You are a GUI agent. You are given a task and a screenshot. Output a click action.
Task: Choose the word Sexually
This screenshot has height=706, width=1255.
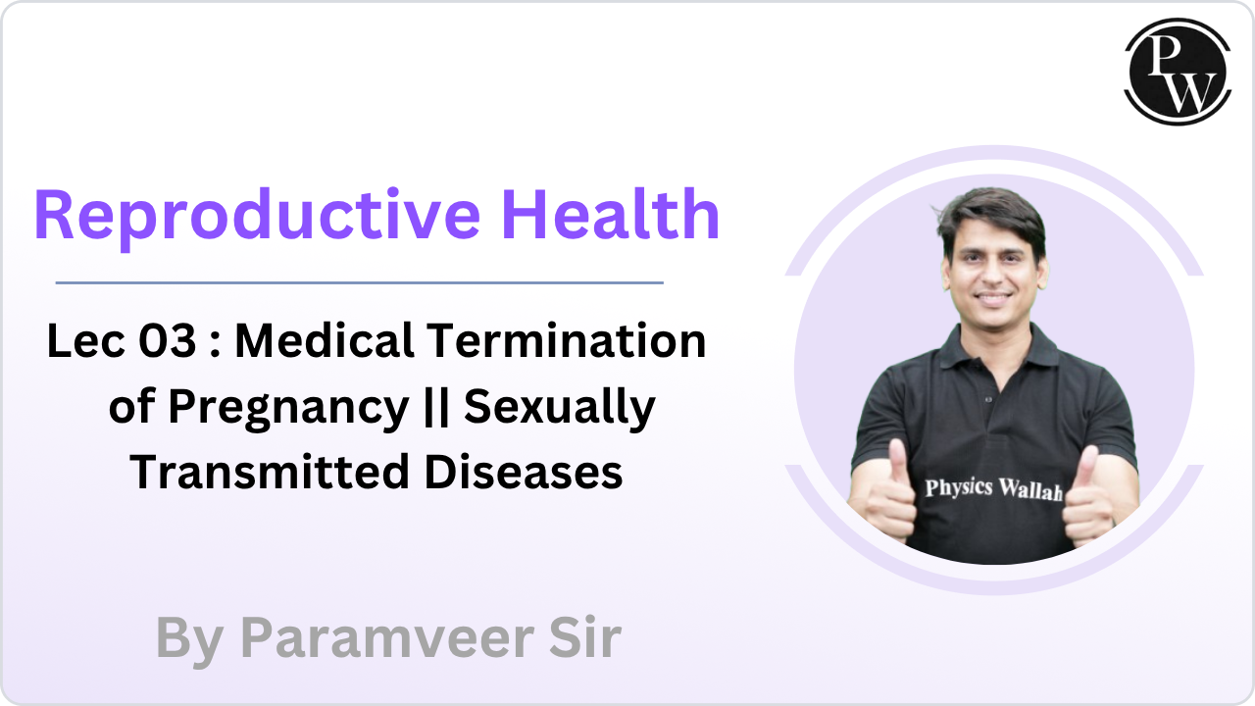pyautogui.click(x=559, y=407)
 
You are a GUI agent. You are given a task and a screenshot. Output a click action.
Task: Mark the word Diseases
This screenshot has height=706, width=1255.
pyautogui.click(x=524, y=472)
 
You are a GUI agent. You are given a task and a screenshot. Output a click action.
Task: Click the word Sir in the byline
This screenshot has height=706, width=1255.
pyautogui.click(x=584, y=638)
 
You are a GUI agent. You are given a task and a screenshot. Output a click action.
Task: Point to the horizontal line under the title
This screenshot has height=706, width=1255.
pyautogui.click(x=359, y=282)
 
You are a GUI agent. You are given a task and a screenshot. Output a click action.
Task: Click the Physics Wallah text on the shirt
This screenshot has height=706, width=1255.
pyautogui.click(x=993, y=487)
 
